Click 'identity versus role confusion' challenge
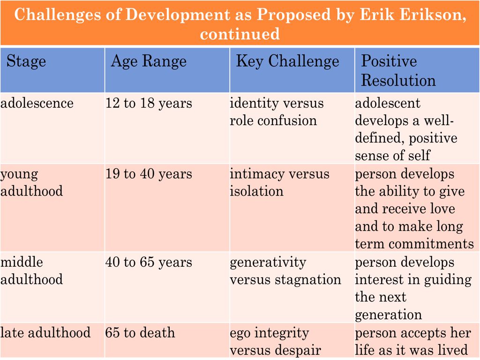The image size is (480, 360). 277,112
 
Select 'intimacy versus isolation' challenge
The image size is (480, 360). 279,182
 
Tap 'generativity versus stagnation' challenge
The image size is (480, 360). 285,271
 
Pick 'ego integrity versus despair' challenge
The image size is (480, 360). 276,341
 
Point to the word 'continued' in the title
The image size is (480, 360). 240,34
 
